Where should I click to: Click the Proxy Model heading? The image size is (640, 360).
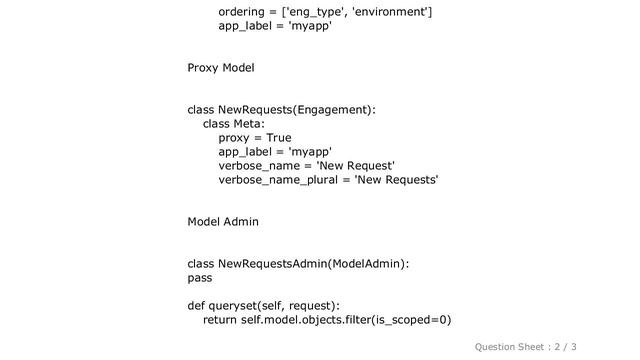220,68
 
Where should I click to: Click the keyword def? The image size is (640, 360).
197,305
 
